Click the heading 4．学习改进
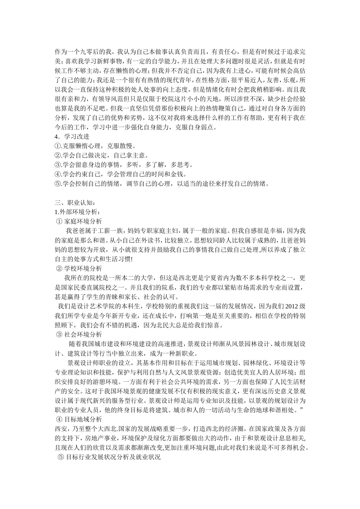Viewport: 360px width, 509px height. [72, 137]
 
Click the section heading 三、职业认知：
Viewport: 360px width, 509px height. [75, 203]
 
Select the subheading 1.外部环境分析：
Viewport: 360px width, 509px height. [77, 212]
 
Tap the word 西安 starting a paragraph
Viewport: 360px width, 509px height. [61, 429]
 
